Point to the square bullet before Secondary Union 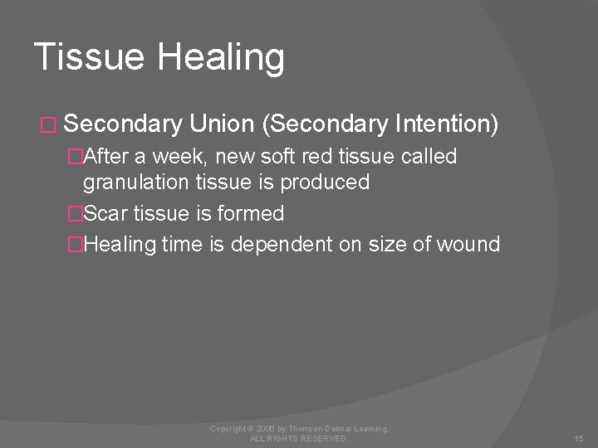point(46,125)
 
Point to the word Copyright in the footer point(228,428)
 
